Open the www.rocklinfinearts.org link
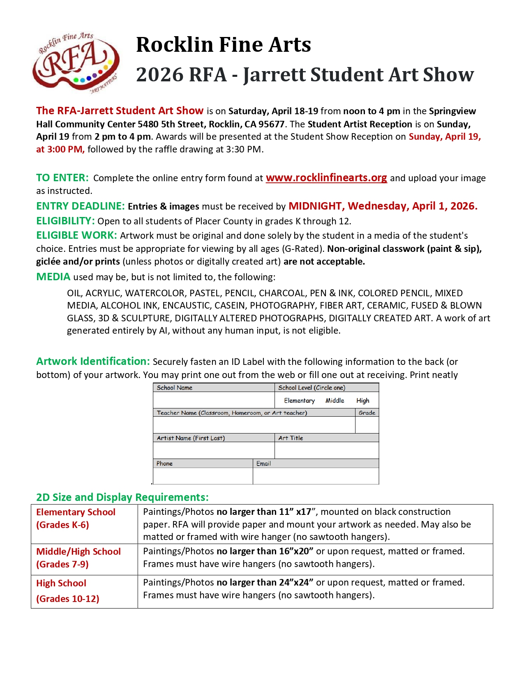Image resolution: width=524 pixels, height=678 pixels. pos(326,178)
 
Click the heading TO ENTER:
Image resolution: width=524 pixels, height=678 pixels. pos(62,178)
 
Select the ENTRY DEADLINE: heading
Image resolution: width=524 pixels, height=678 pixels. pos(81,206)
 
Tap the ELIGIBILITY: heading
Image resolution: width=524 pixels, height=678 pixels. pos(66,221)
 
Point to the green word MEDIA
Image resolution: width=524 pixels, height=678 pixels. pos(53,277)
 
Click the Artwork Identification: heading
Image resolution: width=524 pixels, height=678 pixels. pos(93,362)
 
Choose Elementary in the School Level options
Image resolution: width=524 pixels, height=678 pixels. pos(299,401)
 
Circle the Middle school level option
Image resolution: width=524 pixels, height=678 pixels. pos(335,401)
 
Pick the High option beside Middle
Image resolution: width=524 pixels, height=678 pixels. pos(362,401)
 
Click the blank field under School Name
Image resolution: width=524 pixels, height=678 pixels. pos(214,400)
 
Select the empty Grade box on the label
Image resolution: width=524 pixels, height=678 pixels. pos(367,425)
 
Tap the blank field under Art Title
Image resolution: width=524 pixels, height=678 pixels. pos(326,450)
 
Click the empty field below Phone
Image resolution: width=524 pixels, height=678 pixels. pos(203,476)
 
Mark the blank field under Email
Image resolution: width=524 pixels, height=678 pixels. pos(316,476)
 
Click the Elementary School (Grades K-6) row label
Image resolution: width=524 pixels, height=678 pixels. pos(76,519)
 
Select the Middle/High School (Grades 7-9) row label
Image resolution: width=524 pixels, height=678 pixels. pos(78,558)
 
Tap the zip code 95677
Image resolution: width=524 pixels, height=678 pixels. pos(271,124)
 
